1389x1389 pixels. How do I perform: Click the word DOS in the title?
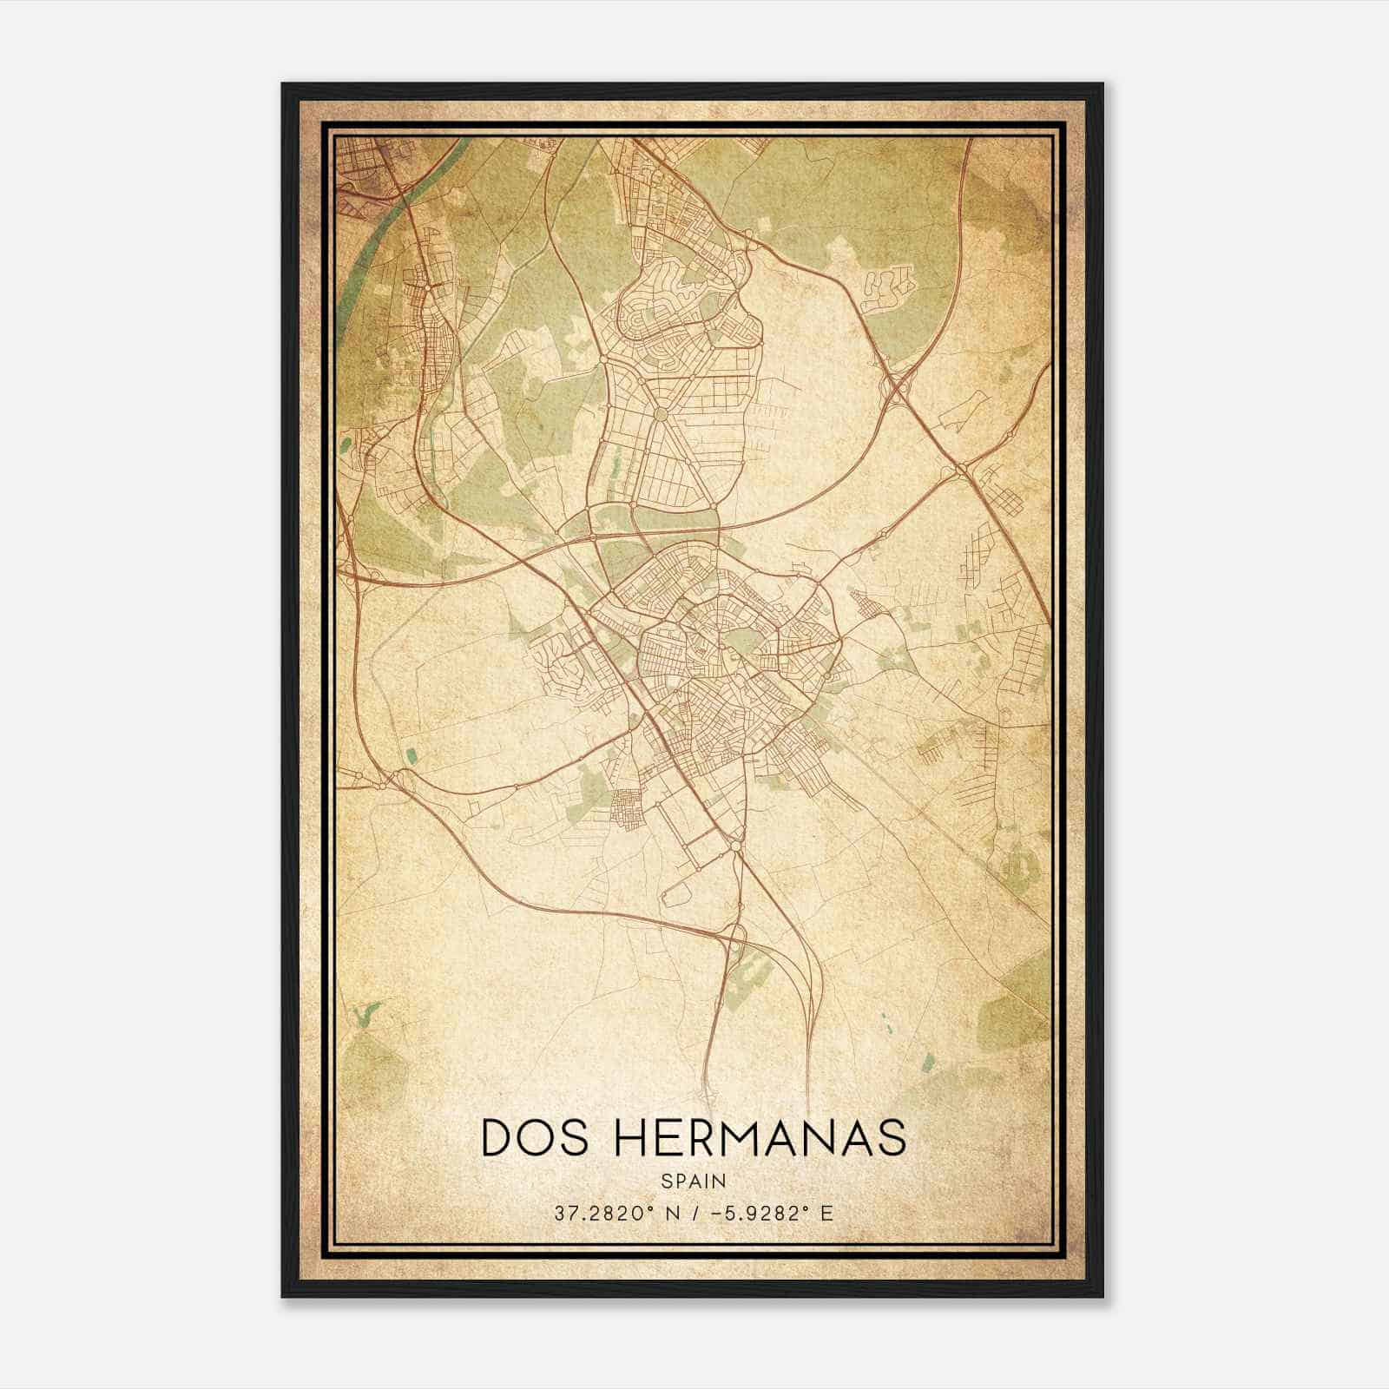[x=529, y=1138]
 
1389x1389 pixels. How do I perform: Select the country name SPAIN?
[x=693, y=1181]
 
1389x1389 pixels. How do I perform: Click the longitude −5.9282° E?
[x=773, y=1214]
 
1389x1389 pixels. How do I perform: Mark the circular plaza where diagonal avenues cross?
[x=662, y=414]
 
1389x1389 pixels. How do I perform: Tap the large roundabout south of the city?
[x=735, y=845]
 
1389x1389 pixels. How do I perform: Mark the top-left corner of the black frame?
[x=284, y=85]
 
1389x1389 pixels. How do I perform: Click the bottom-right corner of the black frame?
[x=1102, y=1295]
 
